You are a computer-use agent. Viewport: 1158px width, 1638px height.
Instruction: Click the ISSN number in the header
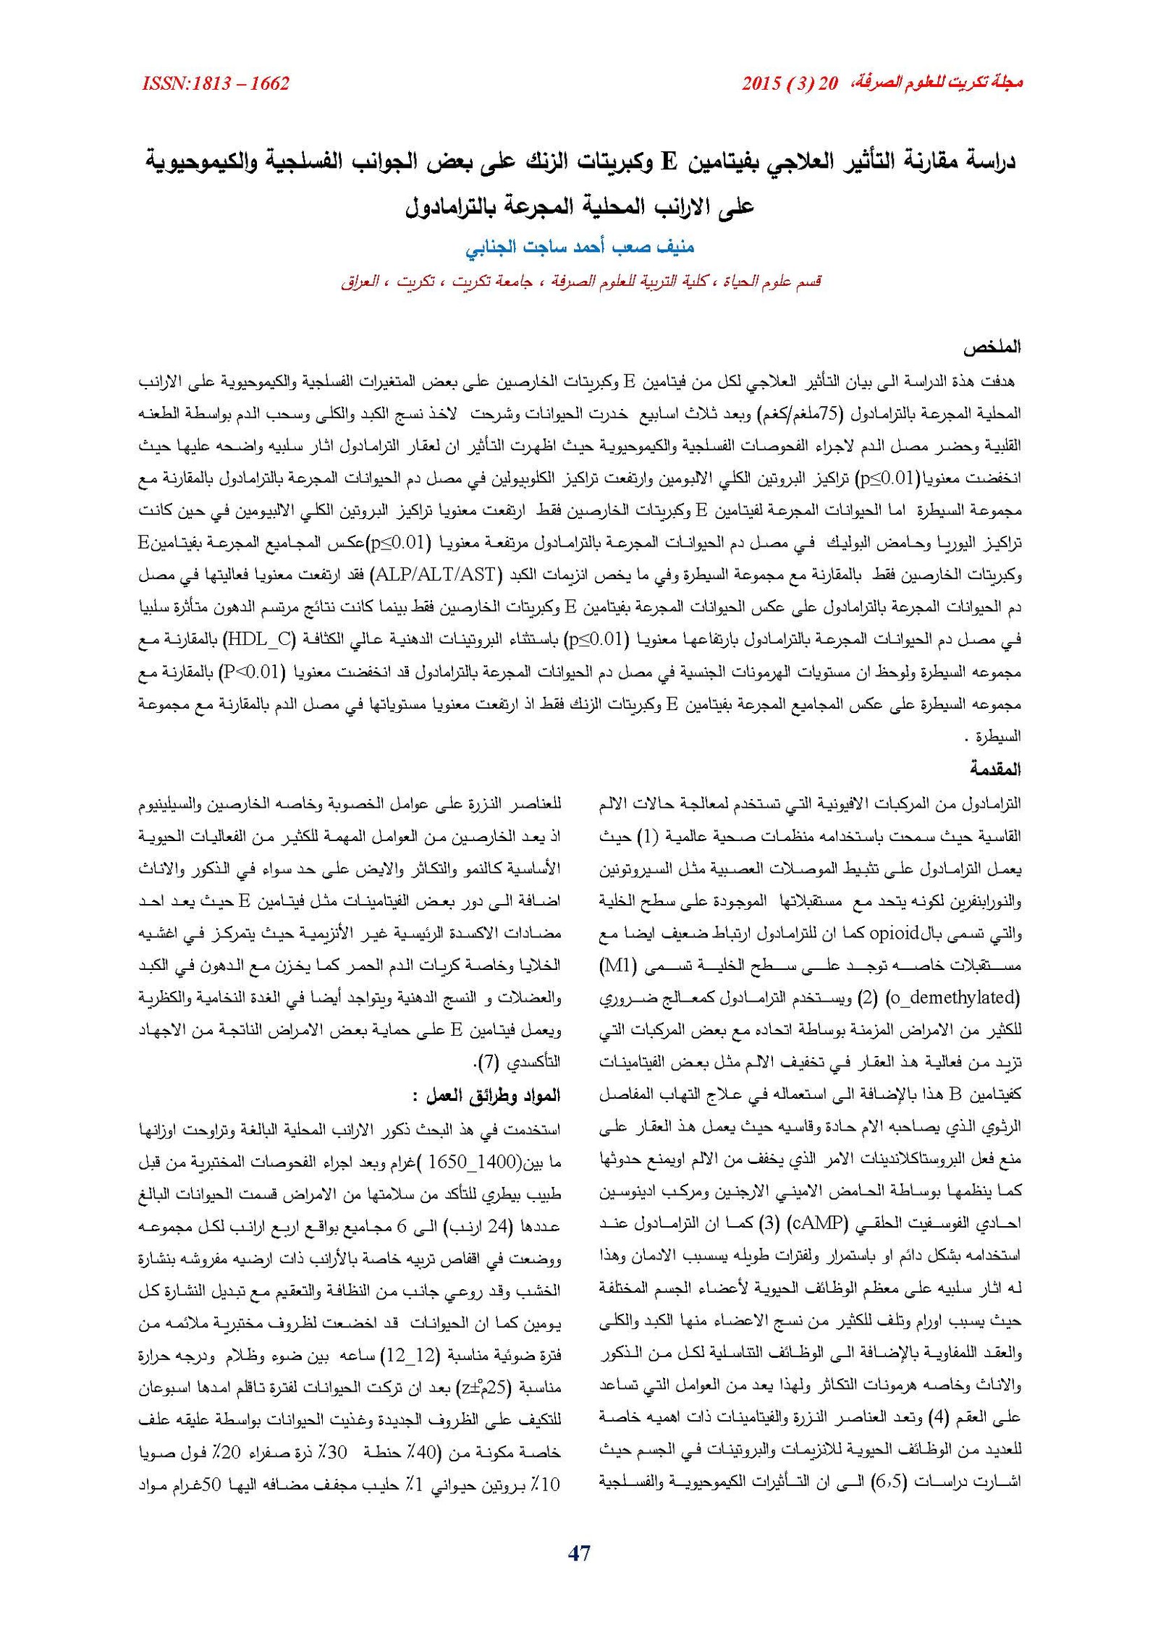pyautogui.click(x=216, y=84)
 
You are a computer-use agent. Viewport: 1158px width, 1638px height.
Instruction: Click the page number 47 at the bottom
pyautogui.click(x=579, y=1553)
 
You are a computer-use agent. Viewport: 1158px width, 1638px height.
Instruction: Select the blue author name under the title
pyautogui.click(x=579, y=248)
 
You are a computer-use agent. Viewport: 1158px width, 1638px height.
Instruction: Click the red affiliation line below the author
pyautogui.click(x=580, y=281)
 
